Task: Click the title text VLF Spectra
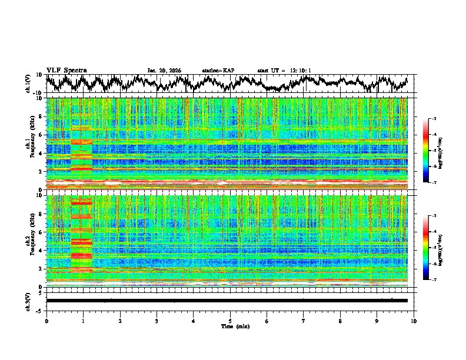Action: pos(66,70)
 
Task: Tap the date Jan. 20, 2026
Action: pos(164,71)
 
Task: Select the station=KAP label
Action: pos(218,71)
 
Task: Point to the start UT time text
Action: pos(284,71)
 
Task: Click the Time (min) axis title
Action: pos(230,326)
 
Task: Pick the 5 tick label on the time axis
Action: pos(230,321)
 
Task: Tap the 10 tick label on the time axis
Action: pos(414,321)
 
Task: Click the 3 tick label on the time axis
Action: pos(157,321)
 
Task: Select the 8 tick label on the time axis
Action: pos(340,321)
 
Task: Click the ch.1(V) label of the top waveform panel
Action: pos(28,84)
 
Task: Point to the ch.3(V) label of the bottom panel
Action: pos(28,300)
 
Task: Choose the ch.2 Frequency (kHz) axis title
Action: pos(29,240)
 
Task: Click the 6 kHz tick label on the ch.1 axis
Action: pos(40,135)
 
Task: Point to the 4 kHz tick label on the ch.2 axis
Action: pos(40,250)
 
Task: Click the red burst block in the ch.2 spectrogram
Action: pos(82,235)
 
